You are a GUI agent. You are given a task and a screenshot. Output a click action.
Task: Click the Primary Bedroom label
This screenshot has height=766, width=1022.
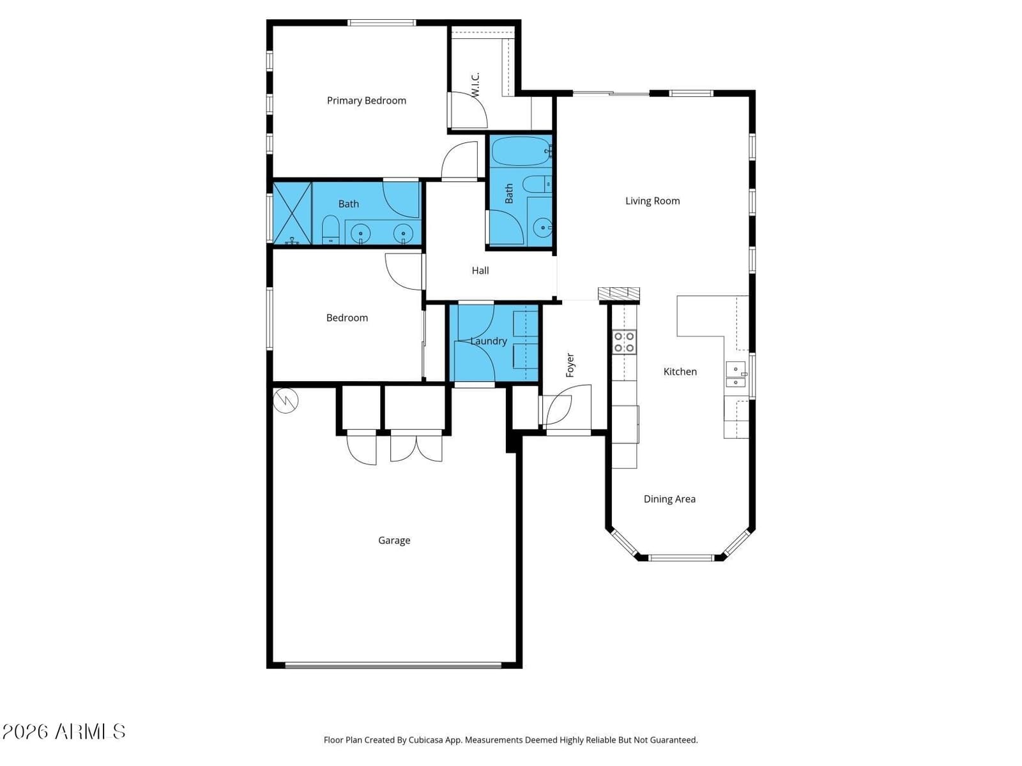366,100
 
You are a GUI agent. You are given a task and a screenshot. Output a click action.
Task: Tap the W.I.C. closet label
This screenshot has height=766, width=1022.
475,85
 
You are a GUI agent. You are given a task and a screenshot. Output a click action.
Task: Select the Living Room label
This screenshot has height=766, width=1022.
652,201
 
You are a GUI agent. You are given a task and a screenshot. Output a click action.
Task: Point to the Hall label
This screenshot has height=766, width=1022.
480,270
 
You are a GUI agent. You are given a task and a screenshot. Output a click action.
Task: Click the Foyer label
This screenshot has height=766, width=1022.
570,365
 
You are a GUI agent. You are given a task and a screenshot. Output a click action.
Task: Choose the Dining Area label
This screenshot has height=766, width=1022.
669,499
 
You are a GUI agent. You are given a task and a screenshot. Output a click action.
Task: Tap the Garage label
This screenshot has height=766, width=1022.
394,541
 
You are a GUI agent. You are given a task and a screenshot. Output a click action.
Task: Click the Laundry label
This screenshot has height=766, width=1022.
488,341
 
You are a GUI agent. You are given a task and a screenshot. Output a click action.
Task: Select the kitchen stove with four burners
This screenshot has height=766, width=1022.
624,342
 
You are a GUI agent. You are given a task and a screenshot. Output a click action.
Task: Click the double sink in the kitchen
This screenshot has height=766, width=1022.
735,375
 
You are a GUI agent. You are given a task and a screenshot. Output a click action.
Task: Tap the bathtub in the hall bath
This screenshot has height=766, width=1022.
521,151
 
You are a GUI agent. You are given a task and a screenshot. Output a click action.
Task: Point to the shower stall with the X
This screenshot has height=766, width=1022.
292,213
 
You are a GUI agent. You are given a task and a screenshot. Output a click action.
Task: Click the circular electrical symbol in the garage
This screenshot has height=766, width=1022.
286,400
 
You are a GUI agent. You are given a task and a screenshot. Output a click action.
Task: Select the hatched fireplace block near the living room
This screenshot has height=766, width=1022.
619,294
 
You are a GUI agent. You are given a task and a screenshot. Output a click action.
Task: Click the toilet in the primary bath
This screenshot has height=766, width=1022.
331,229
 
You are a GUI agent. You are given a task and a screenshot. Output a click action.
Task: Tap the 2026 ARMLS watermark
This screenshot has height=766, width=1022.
64,732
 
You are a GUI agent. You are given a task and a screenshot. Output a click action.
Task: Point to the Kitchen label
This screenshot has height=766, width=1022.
680,372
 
